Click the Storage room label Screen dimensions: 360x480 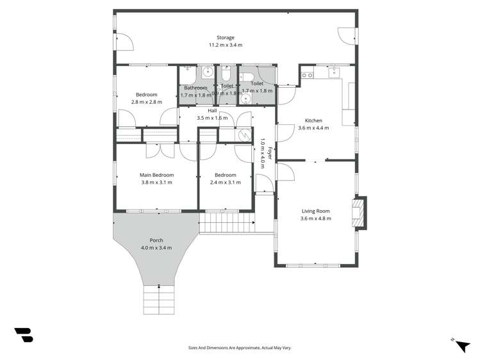coord(225,38)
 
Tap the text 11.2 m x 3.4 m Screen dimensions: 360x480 coord(225,45)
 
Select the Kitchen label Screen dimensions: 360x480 coord(313,120)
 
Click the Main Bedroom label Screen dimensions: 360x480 coord(157,175)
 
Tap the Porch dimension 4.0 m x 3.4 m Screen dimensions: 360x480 coord(156,247)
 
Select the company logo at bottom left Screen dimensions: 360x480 coord(23,334)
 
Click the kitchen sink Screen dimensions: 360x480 coord(333,73)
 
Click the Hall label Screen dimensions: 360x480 coord(212,111)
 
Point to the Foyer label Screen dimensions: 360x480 coord(270,153)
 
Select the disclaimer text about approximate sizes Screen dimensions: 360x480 coord(239,347)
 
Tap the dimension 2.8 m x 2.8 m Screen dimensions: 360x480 coord(147,102)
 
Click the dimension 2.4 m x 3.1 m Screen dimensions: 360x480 coord(226,182)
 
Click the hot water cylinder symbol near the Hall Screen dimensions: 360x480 coord(243,135)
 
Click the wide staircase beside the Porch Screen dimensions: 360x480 coord(227,224)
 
